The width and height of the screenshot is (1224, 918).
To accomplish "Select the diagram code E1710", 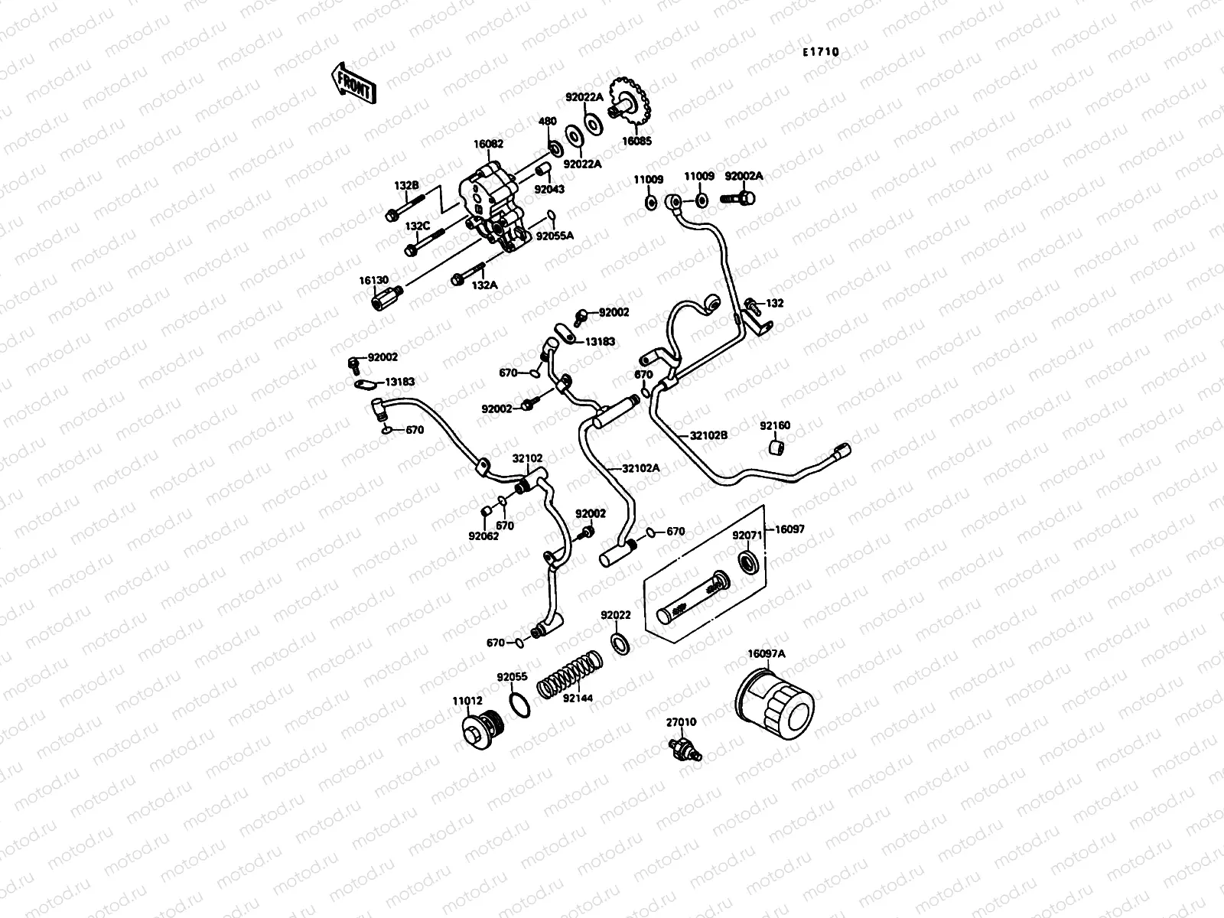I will click(820, 52).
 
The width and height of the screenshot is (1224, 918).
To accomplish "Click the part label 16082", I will click(488, 144).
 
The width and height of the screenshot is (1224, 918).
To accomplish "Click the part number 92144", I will click(578, 698).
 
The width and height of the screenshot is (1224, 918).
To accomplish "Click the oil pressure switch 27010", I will click(684, 747).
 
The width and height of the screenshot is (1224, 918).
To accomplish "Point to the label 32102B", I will click(709, 435).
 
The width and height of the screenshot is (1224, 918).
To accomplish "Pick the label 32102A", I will click(640, 468).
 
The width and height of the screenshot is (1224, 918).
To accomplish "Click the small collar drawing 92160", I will click(776, 447).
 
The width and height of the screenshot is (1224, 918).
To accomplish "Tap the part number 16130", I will click(375, 281).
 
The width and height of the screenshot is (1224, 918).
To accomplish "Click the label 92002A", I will click(744, 175).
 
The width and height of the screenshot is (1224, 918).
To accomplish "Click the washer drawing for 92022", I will click(620, 643).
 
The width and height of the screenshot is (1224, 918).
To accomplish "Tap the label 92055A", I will click(555, 236).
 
